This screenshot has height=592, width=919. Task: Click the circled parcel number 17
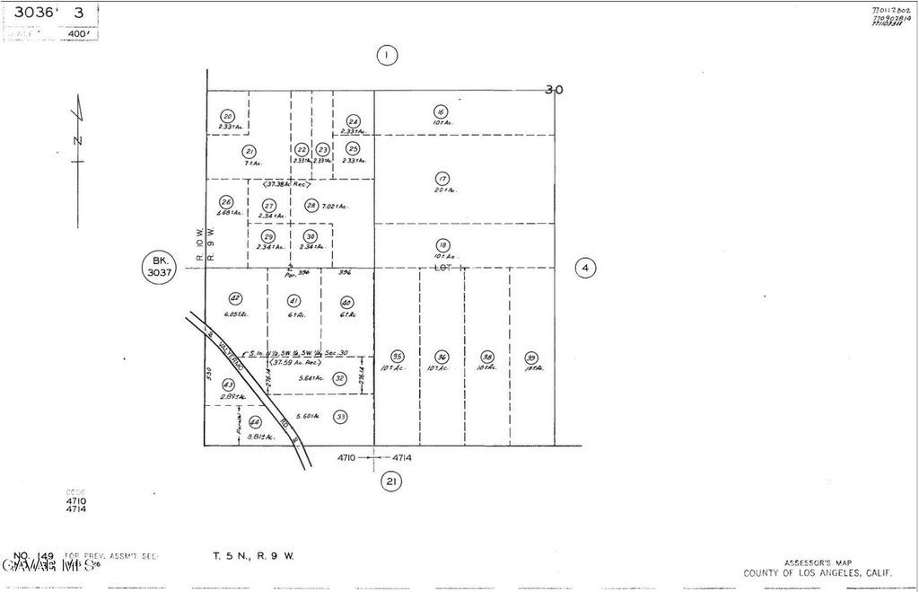tap(442, 179)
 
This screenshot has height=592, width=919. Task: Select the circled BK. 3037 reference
tap(158, 268)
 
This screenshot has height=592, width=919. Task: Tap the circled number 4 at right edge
tap(585, 268)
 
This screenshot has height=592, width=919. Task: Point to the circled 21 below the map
tap(390, 482)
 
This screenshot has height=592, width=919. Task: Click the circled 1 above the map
tap(386, 56)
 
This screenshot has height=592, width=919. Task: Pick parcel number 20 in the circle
tap(227, 116)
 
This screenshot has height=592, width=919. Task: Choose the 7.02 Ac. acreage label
tap(336, 207)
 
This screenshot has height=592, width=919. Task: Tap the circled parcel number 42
tap(235, 298)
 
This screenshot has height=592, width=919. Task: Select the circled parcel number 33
tap(340, 417)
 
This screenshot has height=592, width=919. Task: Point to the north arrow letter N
tap(77, 141)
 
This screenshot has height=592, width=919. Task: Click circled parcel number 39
tap(531, 357)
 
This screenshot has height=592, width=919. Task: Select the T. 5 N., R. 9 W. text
tap(252, 556)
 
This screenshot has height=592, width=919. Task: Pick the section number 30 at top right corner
tap(555, 90)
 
